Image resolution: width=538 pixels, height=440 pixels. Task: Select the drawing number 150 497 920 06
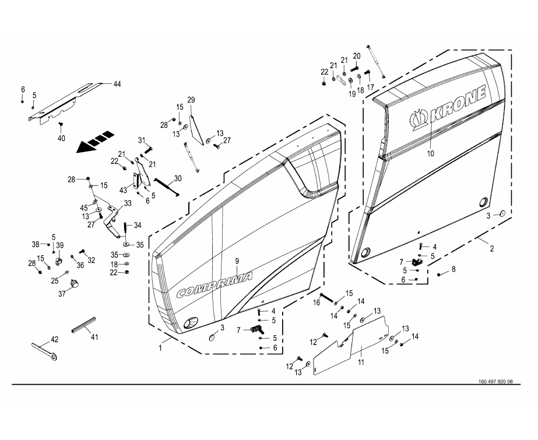[495, 382]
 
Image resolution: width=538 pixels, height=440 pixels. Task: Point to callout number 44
[117, 85]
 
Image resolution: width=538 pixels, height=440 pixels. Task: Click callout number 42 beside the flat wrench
[55, 339]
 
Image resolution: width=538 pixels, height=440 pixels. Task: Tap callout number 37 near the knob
[61, 294]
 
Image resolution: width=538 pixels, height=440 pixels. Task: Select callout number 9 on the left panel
[237, 261]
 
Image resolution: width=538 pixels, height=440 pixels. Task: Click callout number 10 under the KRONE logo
[431, 154]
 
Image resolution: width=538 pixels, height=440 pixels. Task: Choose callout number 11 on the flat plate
[361, 363]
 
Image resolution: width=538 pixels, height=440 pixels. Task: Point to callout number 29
[191, 99]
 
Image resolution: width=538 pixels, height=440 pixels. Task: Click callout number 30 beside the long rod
[178, 178]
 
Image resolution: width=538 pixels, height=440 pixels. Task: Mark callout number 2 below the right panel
[491, 249]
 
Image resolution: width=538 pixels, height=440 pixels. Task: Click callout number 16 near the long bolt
[318, 302]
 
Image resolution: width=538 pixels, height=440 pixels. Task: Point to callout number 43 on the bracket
[123, 189]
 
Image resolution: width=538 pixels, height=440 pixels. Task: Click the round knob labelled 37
[75, 284]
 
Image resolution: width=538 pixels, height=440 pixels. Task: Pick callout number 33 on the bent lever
[128, 203]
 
